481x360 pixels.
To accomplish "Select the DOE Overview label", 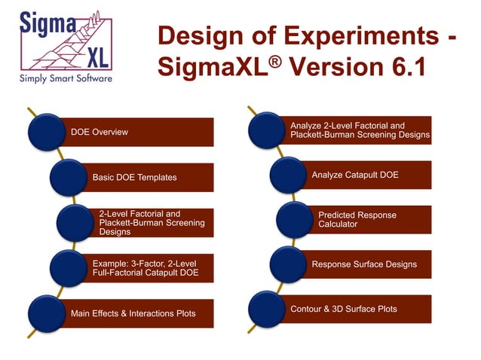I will coord(100,133).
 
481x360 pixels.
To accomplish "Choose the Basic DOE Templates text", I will coord(134,178).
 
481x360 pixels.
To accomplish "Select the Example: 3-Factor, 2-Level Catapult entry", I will coord(142,267).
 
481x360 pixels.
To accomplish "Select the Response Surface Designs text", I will coord(364,264).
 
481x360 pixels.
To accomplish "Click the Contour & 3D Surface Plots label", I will coord(344,309).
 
